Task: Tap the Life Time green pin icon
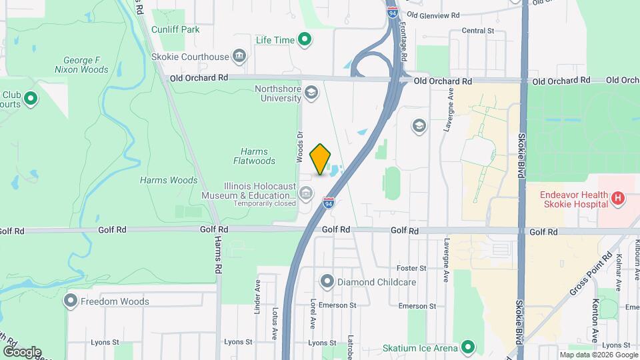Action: [305, 40]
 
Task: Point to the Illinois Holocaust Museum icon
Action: [306, 194]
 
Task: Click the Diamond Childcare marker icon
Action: [327, 282]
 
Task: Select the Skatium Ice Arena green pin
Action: [468, 347]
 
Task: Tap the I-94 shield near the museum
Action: [329, 202]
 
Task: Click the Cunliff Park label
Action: [175, 29]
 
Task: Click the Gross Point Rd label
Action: [591, 275]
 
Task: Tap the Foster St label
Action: [411, 268]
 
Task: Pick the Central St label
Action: [477, 31]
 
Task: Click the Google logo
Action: [22, 351]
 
